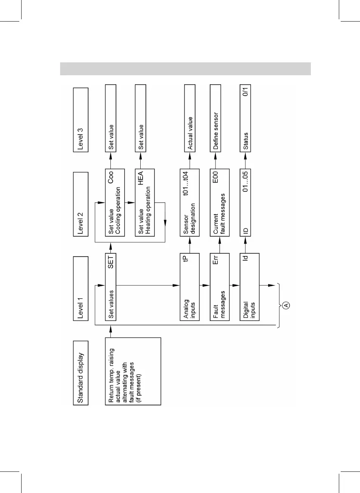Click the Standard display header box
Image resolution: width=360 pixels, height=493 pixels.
pyautogui.click(x=80, y=373)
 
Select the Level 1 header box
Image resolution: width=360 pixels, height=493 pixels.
pyautogui.click(x=80, y=288)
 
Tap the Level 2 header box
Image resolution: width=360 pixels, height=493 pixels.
pyautogui.click(x=80, y=204)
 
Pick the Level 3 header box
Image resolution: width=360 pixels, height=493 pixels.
pyautogui.click(x=80, y=119)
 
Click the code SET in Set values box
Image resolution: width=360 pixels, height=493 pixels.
pyautogui.click(x=110, y=261)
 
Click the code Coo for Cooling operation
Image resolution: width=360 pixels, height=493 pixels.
pyautogui.click(x=110, y=177)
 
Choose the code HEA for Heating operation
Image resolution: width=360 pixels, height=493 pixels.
pyautogui.click(x=140, y=177)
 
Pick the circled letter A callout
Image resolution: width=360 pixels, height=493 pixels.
pyautogui.click(x=286, y=305)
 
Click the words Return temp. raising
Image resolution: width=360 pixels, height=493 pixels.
pyautogui.click(x=111, y=372)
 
